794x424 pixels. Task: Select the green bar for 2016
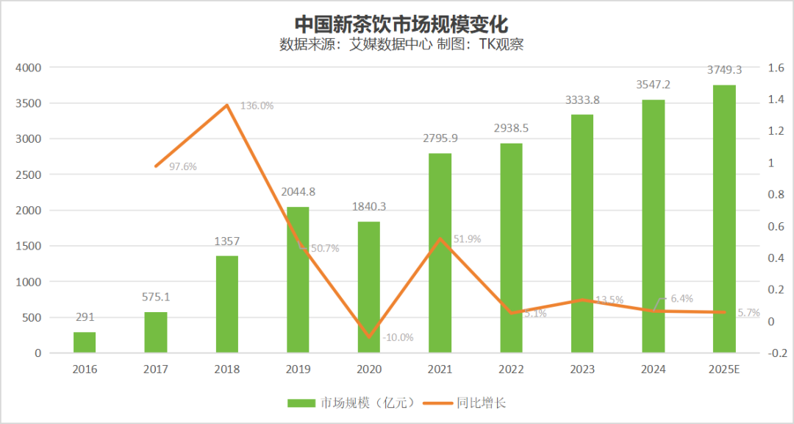[x=85, y=342]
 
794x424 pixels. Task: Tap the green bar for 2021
[x=440, y=252]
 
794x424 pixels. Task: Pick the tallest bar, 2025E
[x=724, y=219]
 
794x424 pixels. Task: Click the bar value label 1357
[x=227, y=241]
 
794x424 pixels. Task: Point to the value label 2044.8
[x=298, y=192]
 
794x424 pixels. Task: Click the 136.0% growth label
[x=257, y=105]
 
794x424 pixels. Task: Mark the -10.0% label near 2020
[x=398, y=337]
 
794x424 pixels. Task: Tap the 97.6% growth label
[x=183, y=166]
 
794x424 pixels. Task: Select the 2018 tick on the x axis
[x=227, y=370]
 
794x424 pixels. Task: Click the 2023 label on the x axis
[x=582, y=370]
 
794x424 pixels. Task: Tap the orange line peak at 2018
[x=227, y=105]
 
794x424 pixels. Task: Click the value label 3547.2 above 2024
[x=653, y=85]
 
